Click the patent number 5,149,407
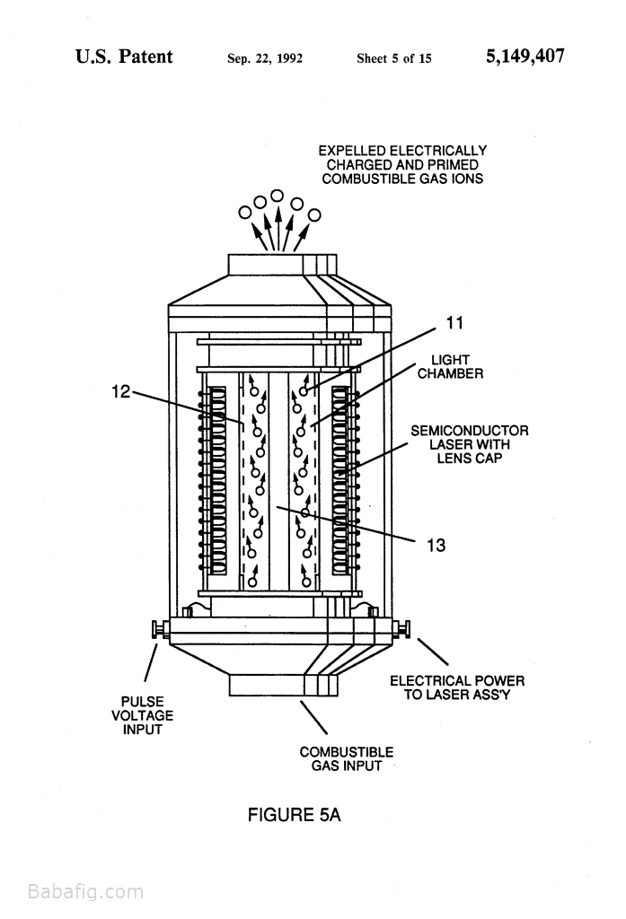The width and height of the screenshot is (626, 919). point(525,57)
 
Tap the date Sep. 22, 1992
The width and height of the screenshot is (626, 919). point(265,58)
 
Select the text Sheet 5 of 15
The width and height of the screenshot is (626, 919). point(393,58)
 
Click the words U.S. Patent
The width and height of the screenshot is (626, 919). point(124,57)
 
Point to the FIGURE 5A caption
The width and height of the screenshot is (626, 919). point(294,815)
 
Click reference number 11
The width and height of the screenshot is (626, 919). point(454,323)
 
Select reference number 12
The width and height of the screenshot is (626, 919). point(121,391)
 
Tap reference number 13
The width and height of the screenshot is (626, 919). point(436,546)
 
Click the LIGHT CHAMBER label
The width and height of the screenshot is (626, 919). point(450,367)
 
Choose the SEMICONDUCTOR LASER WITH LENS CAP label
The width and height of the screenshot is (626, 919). point(470,444)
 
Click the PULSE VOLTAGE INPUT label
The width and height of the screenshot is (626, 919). point(143,715)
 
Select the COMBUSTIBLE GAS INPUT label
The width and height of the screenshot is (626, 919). point(346,759)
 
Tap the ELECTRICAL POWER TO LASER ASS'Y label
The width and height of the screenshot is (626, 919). point(457,687)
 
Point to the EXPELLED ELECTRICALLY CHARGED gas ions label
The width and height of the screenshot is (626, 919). point(402,165)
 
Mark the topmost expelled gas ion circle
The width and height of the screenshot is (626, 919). point(278,195)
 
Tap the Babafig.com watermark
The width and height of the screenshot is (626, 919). point(85,892)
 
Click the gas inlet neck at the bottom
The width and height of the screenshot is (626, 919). point(283,686)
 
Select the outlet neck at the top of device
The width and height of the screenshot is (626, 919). point(282,265)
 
